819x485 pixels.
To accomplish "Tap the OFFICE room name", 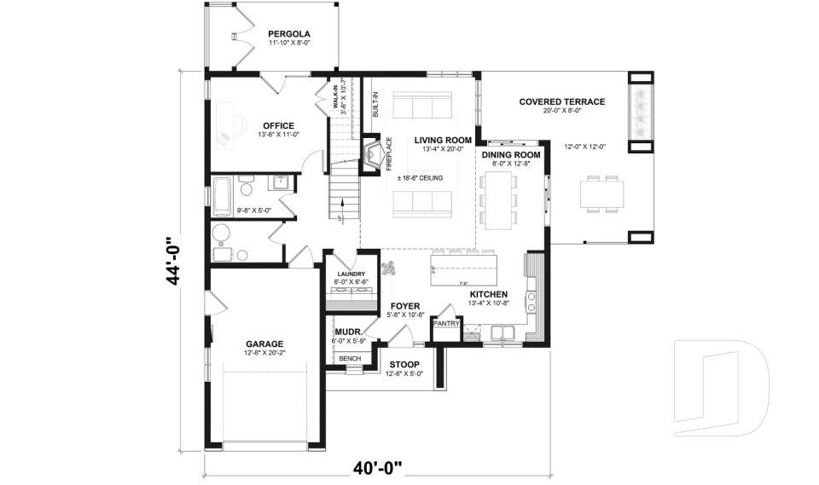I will (278, 126).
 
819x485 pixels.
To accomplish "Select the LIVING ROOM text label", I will (443, 140).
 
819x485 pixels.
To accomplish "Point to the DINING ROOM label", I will (511, 155).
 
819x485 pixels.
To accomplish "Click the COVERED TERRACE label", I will (561, 101).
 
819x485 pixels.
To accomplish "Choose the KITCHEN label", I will (488, 294).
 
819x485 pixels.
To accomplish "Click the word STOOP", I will (404, 364).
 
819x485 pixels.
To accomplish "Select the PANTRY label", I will (447, 324).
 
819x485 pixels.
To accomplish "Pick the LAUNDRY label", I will (350, 274).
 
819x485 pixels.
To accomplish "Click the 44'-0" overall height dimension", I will (174, 260).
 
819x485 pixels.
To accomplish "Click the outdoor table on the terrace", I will (601, 195).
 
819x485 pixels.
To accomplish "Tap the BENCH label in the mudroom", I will (350, 359).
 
